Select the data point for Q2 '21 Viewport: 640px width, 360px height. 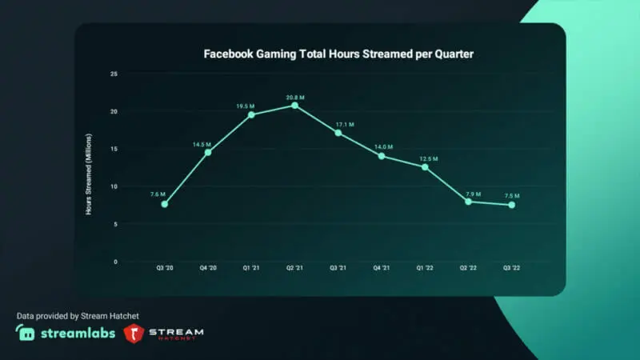pos(294,106)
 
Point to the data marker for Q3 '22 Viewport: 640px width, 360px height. pos(511,205)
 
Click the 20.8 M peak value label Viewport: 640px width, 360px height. pos(294,97)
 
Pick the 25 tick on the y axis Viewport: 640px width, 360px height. pos(114,74)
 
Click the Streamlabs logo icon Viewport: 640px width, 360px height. pos(25,332)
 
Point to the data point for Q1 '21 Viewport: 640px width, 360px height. pos(251,114)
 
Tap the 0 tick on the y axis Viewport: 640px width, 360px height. pos(115,262)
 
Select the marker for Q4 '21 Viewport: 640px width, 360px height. pos(382,156)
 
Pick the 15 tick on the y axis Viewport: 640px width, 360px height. pos(114,149)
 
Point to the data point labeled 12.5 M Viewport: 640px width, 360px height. pos(425,166)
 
